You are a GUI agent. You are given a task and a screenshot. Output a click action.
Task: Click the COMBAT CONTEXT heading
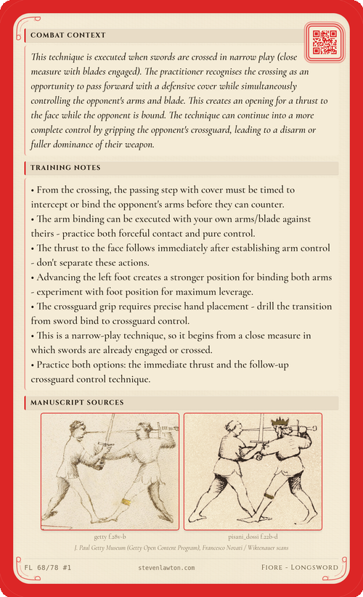click(68, 35)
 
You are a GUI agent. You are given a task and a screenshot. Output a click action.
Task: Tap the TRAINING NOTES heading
click(65, 168)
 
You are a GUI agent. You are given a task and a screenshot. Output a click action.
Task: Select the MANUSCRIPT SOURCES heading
click(76, 402)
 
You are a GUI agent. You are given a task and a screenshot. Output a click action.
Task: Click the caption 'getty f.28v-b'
click(110, 536)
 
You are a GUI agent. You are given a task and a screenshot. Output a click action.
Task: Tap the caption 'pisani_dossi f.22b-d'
click(253, 536)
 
